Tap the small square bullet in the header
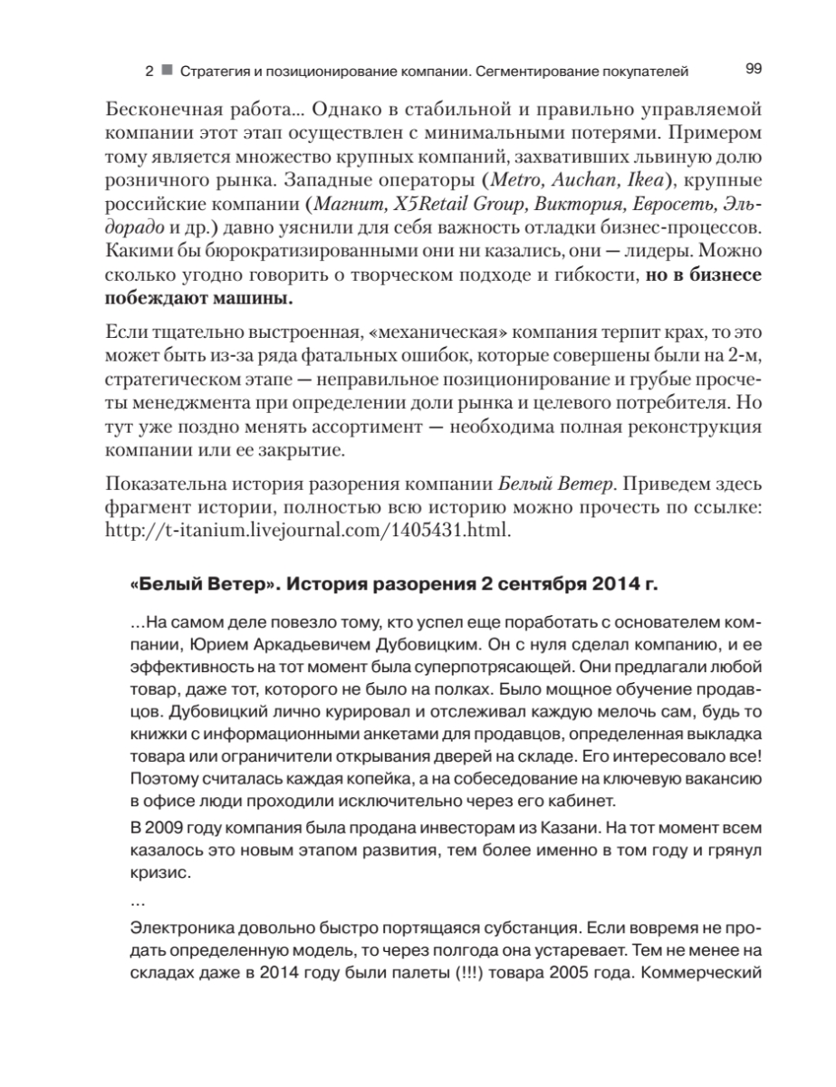coord(167,70)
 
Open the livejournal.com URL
coord(309,529)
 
